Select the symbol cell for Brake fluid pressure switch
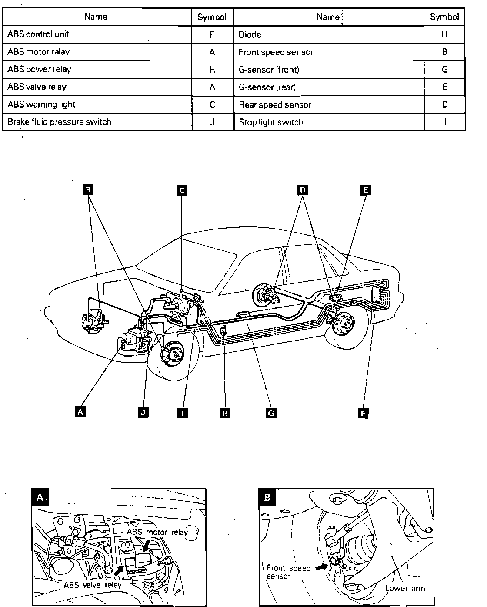tap(212, 122)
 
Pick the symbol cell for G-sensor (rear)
tap(444, 87)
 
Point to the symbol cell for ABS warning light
tap(212, 105)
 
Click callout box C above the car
tap(182, 190)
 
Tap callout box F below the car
tap(363, 413)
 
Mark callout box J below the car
tap(143, 412)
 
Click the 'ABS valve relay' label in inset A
tap(93, 585)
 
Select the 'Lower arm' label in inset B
tap(405, 588)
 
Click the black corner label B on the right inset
tap(267, 497)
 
